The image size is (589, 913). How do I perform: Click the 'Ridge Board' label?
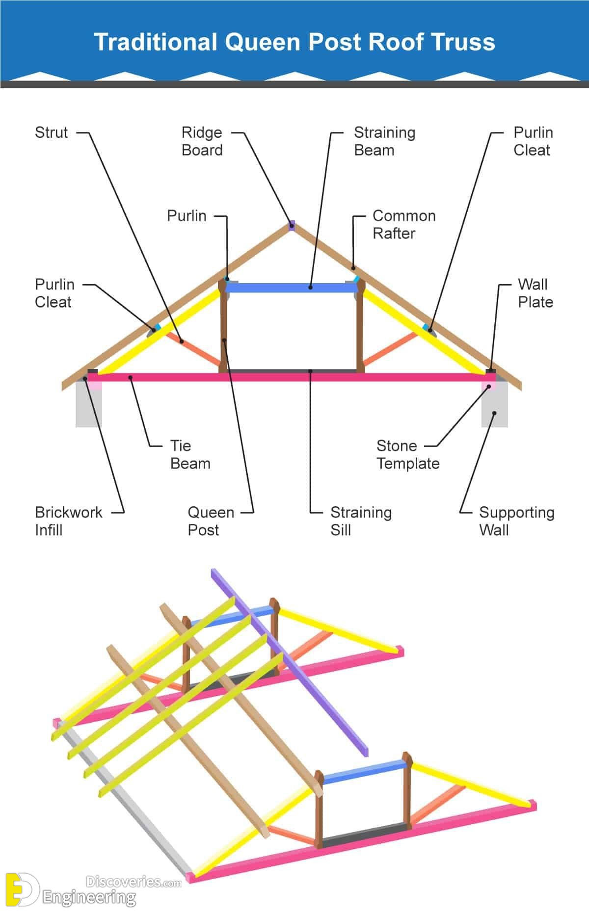click(202, 141)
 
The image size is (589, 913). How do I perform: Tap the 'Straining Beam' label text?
click(384, 141)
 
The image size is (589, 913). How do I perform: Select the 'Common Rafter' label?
click(403, 225)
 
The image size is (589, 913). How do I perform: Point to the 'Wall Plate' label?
click(535, 293)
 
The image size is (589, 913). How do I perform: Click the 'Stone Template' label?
click(407, 454)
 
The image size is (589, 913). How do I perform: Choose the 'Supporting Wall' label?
click(516, 521)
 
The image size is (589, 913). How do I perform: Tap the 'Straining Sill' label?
click(361, 521)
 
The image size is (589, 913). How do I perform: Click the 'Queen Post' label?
click(211, 521)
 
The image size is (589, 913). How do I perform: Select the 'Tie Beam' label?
click(189, 454)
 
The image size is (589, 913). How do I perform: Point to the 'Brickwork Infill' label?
click(68, 521)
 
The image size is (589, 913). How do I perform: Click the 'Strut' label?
click(51, 132)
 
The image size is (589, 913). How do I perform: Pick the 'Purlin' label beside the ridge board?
click(187, 216)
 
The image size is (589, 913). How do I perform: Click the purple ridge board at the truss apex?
click(292, 226)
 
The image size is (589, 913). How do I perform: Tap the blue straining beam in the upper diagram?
click(292, 287)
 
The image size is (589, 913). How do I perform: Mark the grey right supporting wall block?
click(494, 407)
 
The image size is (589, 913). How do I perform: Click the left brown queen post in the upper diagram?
click(223, 329)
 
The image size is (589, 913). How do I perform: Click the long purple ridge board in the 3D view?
click(290, 662)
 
